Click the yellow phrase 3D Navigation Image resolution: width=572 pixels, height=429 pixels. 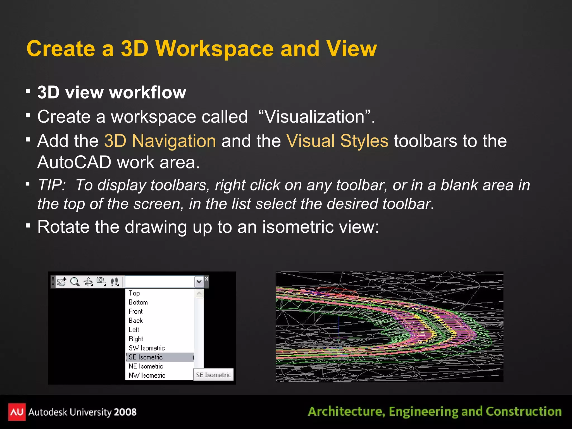160,141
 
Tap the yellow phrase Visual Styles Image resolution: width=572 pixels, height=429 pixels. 337,141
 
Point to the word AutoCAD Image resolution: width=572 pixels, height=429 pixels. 74,162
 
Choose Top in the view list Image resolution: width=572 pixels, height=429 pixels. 134,293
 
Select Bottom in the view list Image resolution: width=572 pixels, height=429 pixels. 138,302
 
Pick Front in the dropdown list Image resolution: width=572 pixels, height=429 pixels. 136,311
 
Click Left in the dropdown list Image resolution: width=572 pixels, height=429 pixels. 134,330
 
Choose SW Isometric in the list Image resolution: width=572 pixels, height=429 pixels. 147,348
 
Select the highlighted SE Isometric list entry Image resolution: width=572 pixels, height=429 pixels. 146,357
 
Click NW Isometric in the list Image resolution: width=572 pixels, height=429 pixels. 147,375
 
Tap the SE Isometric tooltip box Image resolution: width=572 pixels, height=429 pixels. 213,375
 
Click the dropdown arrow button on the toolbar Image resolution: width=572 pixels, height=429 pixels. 199,282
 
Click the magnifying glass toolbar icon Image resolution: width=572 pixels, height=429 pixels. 75,282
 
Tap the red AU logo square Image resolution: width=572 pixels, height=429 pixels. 17,412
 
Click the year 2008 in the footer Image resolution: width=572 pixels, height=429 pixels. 125,412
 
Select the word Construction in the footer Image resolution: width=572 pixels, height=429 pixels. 524,412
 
